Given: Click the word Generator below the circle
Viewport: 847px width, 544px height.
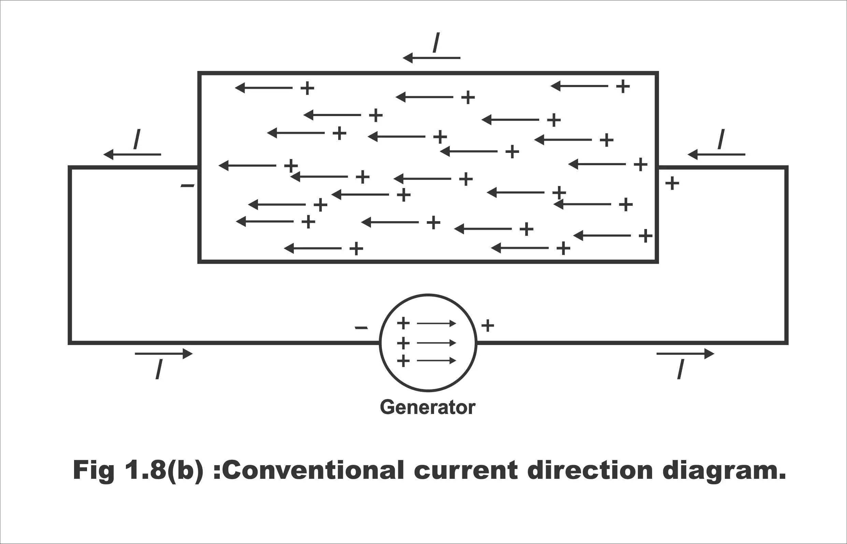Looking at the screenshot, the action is (x=428, y=407).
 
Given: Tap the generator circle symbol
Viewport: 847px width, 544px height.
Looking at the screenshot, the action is (x=380, y=343).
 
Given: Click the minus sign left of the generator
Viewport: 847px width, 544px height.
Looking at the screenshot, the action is (x=361, y=328).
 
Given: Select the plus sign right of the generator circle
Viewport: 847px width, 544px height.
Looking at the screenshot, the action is (x=488, y=325).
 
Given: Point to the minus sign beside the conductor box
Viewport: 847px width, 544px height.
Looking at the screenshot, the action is (x=188, y=186).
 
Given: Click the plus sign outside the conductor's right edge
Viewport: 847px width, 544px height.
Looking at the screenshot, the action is (x=672, y=183).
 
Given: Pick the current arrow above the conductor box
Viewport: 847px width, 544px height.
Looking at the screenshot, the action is (x=431, y=58).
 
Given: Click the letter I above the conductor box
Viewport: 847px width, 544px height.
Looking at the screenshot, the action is (x=436, y=42).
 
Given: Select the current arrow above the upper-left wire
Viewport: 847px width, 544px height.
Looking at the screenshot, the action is (x=132, y=154).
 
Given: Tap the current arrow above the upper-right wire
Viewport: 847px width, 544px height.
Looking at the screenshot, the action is (x=716, y=154).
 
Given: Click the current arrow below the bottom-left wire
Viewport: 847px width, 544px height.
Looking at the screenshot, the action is (x=164, y=354).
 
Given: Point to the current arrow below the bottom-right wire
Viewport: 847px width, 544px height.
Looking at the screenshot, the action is (x=686, y=354).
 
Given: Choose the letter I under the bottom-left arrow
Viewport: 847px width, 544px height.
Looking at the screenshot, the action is (x=159, y=369).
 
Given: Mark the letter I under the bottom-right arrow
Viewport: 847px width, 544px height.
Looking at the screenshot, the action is (x=681, y=369).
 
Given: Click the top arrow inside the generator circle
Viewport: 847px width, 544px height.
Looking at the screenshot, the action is (x=436, y=323).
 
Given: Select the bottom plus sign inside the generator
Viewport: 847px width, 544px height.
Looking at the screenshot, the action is (x=403, y=361).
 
